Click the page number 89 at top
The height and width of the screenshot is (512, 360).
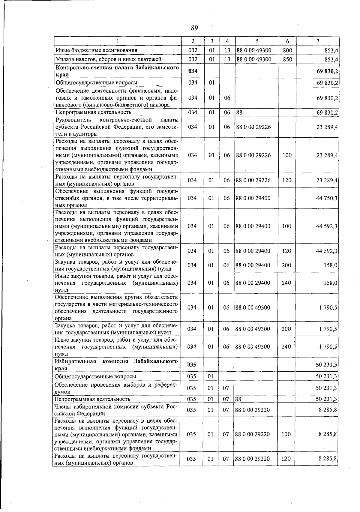(194, 28)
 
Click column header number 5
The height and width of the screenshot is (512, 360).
(257, 41)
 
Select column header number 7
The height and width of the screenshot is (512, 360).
(317, 41)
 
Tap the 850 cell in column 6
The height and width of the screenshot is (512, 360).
(287, 59)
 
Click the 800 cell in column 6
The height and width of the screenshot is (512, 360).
(287, 50)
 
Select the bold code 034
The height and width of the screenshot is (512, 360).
(193, 71)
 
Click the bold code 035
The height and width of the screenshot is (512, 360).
(192, 365)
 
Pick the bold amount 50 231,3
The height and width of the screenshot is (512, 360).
(326, 365)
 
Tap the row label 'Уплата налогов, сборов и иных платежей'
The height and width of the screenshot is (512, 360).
(109, 59)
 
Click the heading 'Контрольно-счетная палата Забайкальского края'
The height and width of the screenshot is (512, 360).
(117, 71)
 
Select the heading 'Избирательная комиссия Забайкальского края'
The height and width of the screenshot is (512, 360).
(116, 365)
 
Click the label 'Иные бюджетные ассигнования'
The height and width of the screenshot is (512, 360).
(96, 50)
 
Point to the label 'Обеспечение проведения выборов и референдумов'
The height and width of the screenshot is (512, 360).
(116, 388)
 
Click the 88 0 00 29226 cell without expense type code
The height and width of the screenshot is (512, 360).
(253, 127)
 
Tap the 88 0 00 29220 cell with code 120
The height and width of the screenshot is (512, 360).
(252, 459)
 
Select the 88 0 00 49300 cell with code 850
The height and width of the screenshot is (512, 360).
(254, 59)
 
